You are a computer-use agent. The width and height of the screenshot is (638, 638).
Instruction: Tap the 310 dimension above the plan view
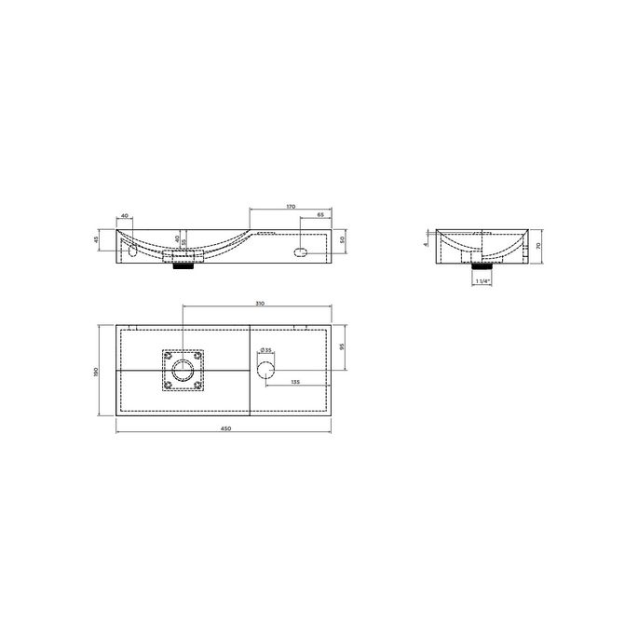(260, 304)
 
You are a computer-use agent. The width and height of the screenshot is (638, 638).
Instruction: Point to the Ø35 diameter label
(265, 351)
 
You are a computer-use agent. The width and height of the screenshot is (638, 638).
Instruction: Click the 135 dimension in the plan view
(295, 382)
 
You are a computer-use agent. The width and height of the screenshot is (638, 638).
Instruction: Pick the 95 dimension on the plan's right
(343, 346)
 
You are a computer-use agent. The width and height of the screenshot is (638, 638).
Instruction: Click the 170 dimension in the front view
(291, 207)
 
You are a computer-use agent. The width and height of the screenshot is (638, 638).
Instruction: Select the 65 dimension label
(319, 215)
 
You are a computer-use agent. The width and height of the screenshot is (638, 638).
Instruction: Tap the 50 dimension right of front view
(343, 240)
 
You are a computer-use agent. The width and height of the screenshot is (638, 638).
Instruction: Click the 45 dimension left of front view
(97, 239)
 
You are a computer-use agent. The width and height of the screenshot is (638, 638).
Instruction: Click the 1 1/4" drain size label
(482, 279)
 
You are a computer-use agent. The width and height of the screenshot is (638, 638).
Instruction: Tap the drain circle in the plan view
(183, 370)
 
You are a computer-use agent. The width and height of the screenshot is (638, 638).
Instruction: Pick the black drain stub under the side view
(482, 264)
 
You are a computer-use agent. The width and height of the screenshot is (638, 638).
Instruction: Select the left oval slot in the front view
(131, 251)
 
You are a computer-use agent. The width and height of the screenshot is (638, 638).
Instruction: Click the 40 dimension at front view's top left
(125, 216)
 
